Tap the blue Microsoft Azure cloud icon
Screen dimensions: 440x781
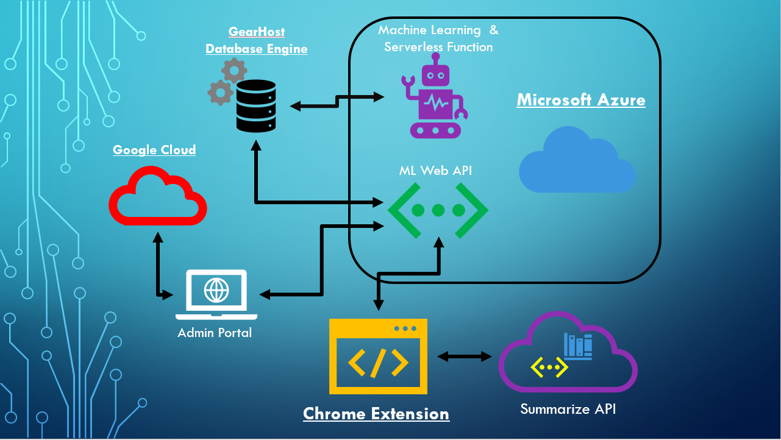pyautogui.click(x=577, y=161)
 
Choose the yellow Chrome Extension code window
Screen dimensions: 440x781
pyautogui.click(x=378, y=356)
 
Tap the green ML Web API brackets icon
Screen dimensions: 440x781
pyautogui.click(x=438, y=210)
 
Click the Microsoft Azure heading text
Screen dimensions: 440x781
pyautogui.click(x=581, y=100)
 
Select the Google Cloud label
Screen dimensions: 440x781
pyautogui.click(x=154, y=150)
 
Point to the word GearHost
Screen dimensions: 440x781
pyautogui.click(x=257, y=32)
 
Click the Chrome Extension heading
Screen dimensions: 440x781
pyautogui.click(x=376, y=414)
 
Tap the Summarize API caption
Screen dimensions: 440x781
pyautogui.click(x=568, y=409)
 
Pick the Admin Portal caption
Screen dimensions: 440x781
pyautogui.click(x=215, y=333)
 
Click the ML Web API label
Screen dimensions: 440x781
pyautogui.click(x=435, y=171)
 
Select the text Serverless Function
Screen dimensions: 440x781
pyautogui.click(x=438, y=47)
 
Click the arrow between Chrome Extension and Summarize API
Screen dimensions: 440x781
pyautogui.click(x=465, y=357)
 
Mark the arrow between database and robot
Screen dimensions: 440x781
pyautogui.click(x=337, y=101)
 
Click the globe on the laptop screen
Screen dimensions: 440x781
pyautogui.click(x=216, y=289)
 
